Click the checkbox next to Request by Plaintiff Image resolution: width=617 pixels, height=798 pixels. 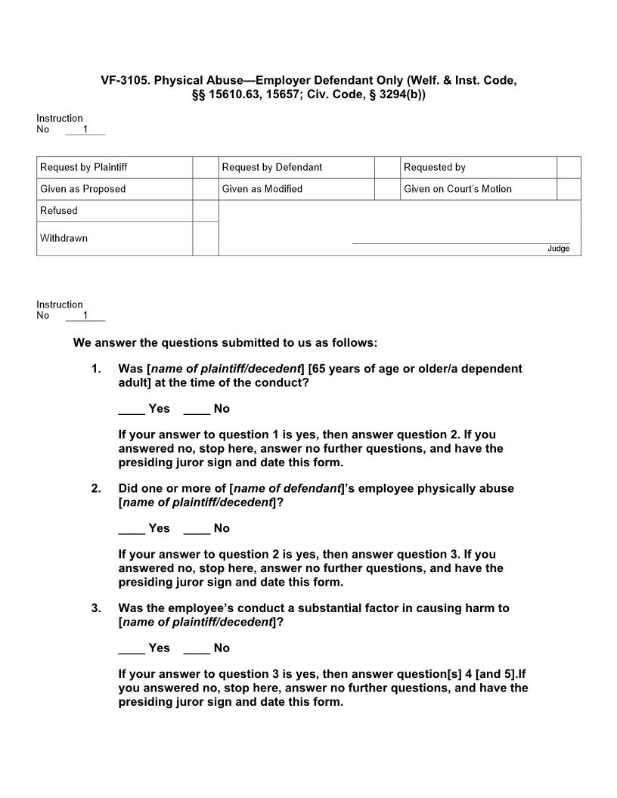205,167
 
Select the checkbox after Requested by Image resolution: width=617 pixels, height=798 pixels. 569,167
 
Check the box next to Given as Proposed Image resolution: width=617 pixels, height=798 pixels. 205,189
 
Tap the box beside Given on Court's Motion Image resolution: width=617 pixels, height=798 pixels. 569,189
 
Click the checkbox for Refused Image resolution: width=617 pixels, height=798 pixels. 205,211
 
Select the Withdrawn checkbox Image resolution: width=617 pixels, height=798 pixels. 205,238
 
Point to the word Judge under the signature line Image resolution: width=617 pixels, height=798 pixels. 559,249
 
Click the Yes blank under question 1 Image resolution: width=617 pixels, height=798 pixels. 132,412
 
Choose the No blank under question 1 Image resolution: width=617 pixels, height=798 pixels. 197,412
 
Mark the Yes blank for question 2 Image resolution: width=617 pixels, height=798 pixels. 132,531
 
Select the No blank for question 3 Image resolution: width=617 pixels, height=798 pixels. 197,651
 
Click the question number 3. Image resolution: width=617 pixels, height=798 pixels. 95,608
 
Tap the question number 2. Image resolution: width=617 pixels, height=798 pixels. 95,488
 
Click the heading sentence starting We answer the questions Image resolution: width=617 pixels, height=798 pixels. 225,342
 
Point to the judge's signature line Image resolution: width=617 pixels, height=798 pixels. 461,243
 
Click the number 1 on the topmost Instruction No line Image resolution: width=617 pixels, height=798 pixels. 85,129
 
